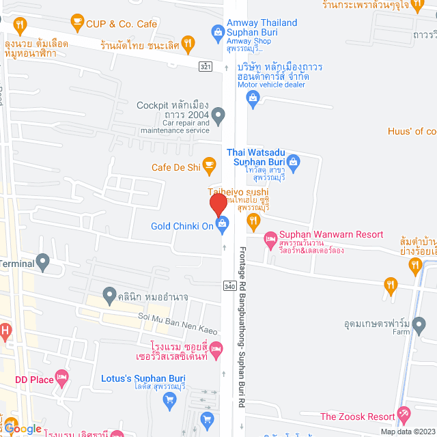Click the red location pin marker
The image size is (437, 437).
pos(218,205)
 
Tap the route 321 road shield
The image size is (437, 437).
pos(206,66)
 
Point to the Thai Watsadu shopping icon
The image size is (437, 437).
pos(294,162)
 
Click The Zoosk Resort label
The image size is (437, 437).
pos(357,417)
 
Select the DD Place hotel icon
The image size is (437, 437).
pos(62,376)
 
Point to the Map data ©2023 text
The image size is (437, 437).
pos(407,432)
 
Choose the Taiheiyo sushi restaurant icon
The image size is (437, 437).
pos(253,219)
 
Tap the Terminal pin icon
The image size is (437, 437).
pos(42,261)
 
